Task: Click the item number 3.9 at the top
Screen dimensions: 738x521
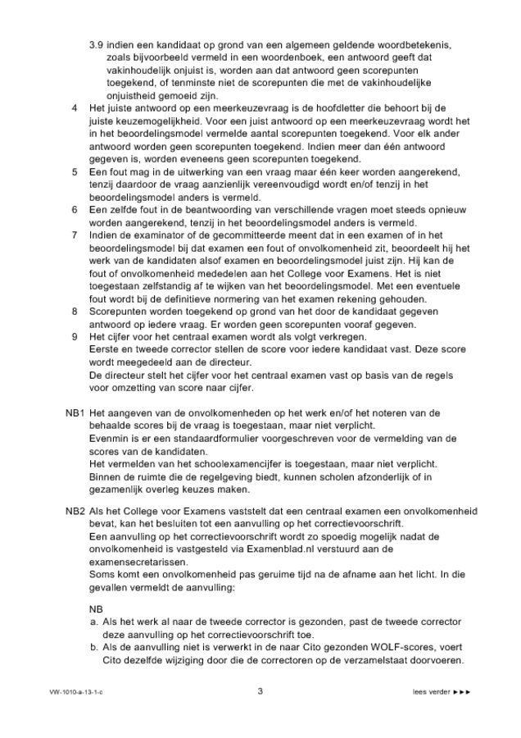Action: pyautogui.click(x=95, y=43)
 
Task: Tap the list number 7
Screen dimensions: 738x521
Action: pyautogui.click(x=75, y=235)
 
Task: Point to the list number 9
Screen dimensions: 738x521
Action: pyautogui.click(x=75, y=337)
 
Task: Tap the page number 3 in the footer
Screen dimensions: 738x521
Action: pyautogui.click(x=260, y=691)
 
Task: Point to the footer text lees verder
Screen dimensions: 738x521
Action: pyautogui.click(x=431, y=692)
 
